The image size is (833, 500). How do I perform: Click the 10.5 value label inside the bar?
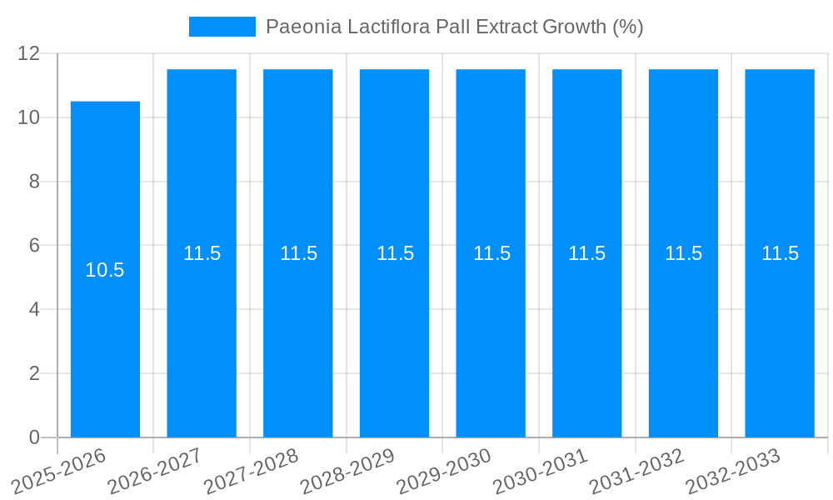[x=105, y=270]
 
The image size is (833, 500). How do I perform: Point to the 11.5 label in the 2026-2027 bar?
[x=202, y=253]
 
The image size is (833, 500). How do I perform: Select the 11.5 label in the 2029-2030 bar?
[x=491, y=253]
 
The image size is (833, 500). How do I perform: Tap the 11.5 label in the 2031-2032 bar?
[x=683, y=253]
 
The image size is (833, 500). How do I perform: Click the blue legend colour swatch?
[x=222, y=27]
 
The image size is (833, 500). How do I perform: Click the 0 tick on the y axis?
[x=34, y=437]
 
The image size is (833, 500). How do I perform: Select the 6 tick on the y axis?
[x=34, y=246]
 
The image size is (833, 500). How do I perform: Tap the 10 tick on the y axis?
[x=29, y=117]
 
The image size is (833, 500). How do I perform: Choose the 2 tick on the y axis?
[x=34, y=373]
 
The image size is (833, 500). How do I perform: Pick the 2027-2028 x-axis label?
[x=252, y=470]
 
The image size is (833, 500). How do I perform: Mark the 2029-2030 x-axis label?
[x=445, y=470]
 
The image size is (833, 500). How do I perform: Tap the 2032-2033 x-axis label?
[x=734, y=470]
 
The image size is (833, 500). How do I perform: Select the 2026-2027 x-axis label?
[x=156, y=470]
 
